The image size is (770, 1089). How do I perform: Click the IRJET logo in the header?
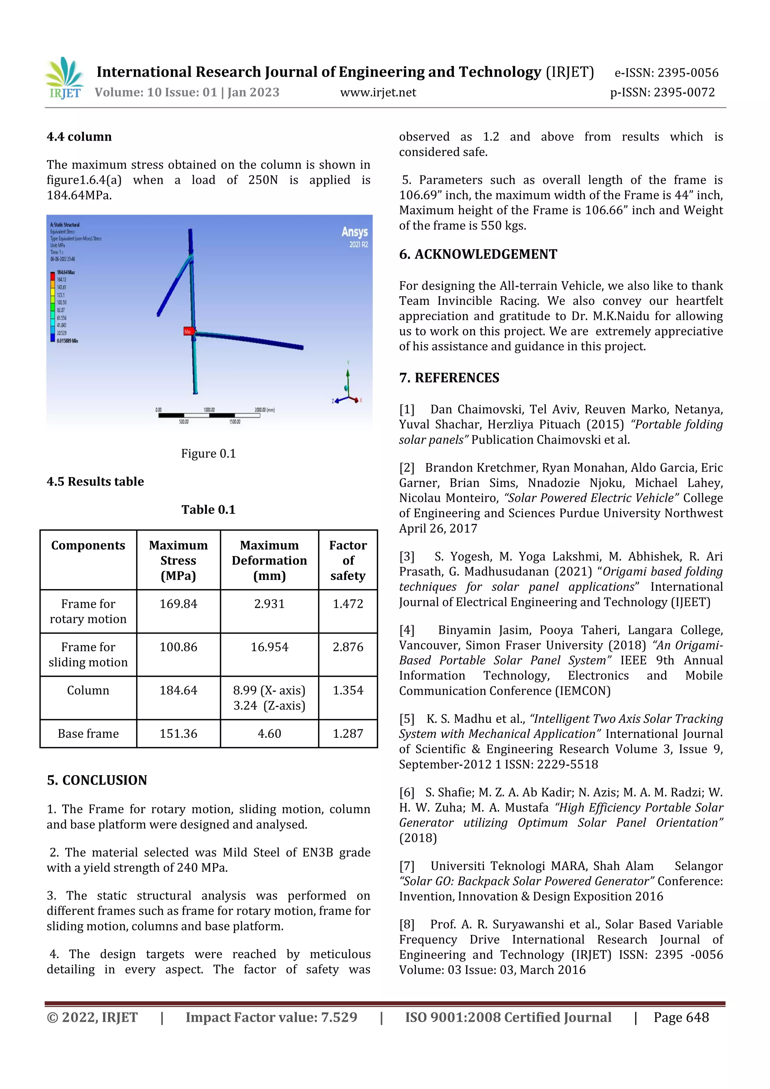point(65,78)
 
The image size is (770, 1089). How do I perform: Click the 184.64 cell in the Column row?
point(178,690)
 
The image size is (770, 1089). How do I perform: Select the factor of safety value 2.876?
point(348,647)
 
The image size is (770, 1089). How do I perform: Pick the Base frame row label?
point(88,733)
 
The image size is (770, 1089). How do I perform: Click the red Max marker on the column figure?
point(188,332)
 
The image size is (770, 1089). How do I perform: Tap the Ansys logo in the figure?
point(355,232)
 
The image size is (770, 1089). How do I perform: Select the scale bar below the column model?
point(209,415)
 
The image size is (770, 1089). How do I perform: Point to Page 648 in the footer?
point(681,1017)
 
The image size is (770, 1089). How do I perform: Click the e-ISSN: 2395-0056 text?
point(666,73)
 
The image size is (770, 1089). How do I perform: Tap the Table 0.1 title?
point(208,509)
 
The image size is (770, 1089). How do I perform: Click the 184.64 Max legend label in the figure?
point(65,272)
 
